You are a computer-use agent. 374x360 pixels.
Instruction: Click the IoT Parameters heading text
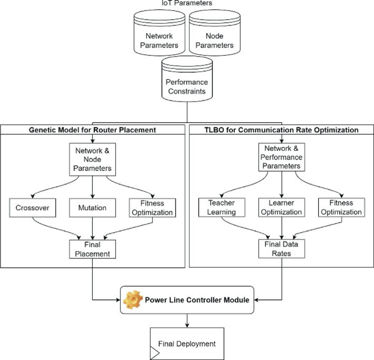tap(187, 3)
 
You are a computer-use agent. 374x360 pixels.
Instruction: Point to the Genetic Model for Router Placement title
tap(92, 130)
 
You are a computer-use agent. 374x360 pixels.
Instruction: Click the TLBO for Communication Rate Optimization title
tap(281, 130)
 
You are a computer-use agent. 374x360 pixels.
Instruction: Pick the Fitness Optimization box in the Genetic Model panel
tap(152, 208)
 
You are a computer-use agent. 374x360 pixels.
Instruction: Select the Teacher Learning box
tap(221, 208)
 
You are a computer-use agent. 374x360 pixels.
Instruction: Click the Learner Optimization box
tap(281, 208)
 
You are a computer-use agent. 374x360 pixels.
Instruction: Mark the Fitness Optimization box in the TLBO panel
tap(341, 208)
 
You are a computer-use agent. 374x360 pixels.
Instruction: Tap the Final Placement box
tap(92, 249)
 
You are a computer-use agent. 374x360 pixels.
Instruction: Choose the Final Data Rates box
tap(281, 249)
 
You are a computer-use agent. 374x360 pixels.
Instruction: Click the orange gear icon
tap(133, 299)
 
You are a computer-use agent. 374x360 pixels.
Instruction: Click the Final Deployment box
tap(187, 344)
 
